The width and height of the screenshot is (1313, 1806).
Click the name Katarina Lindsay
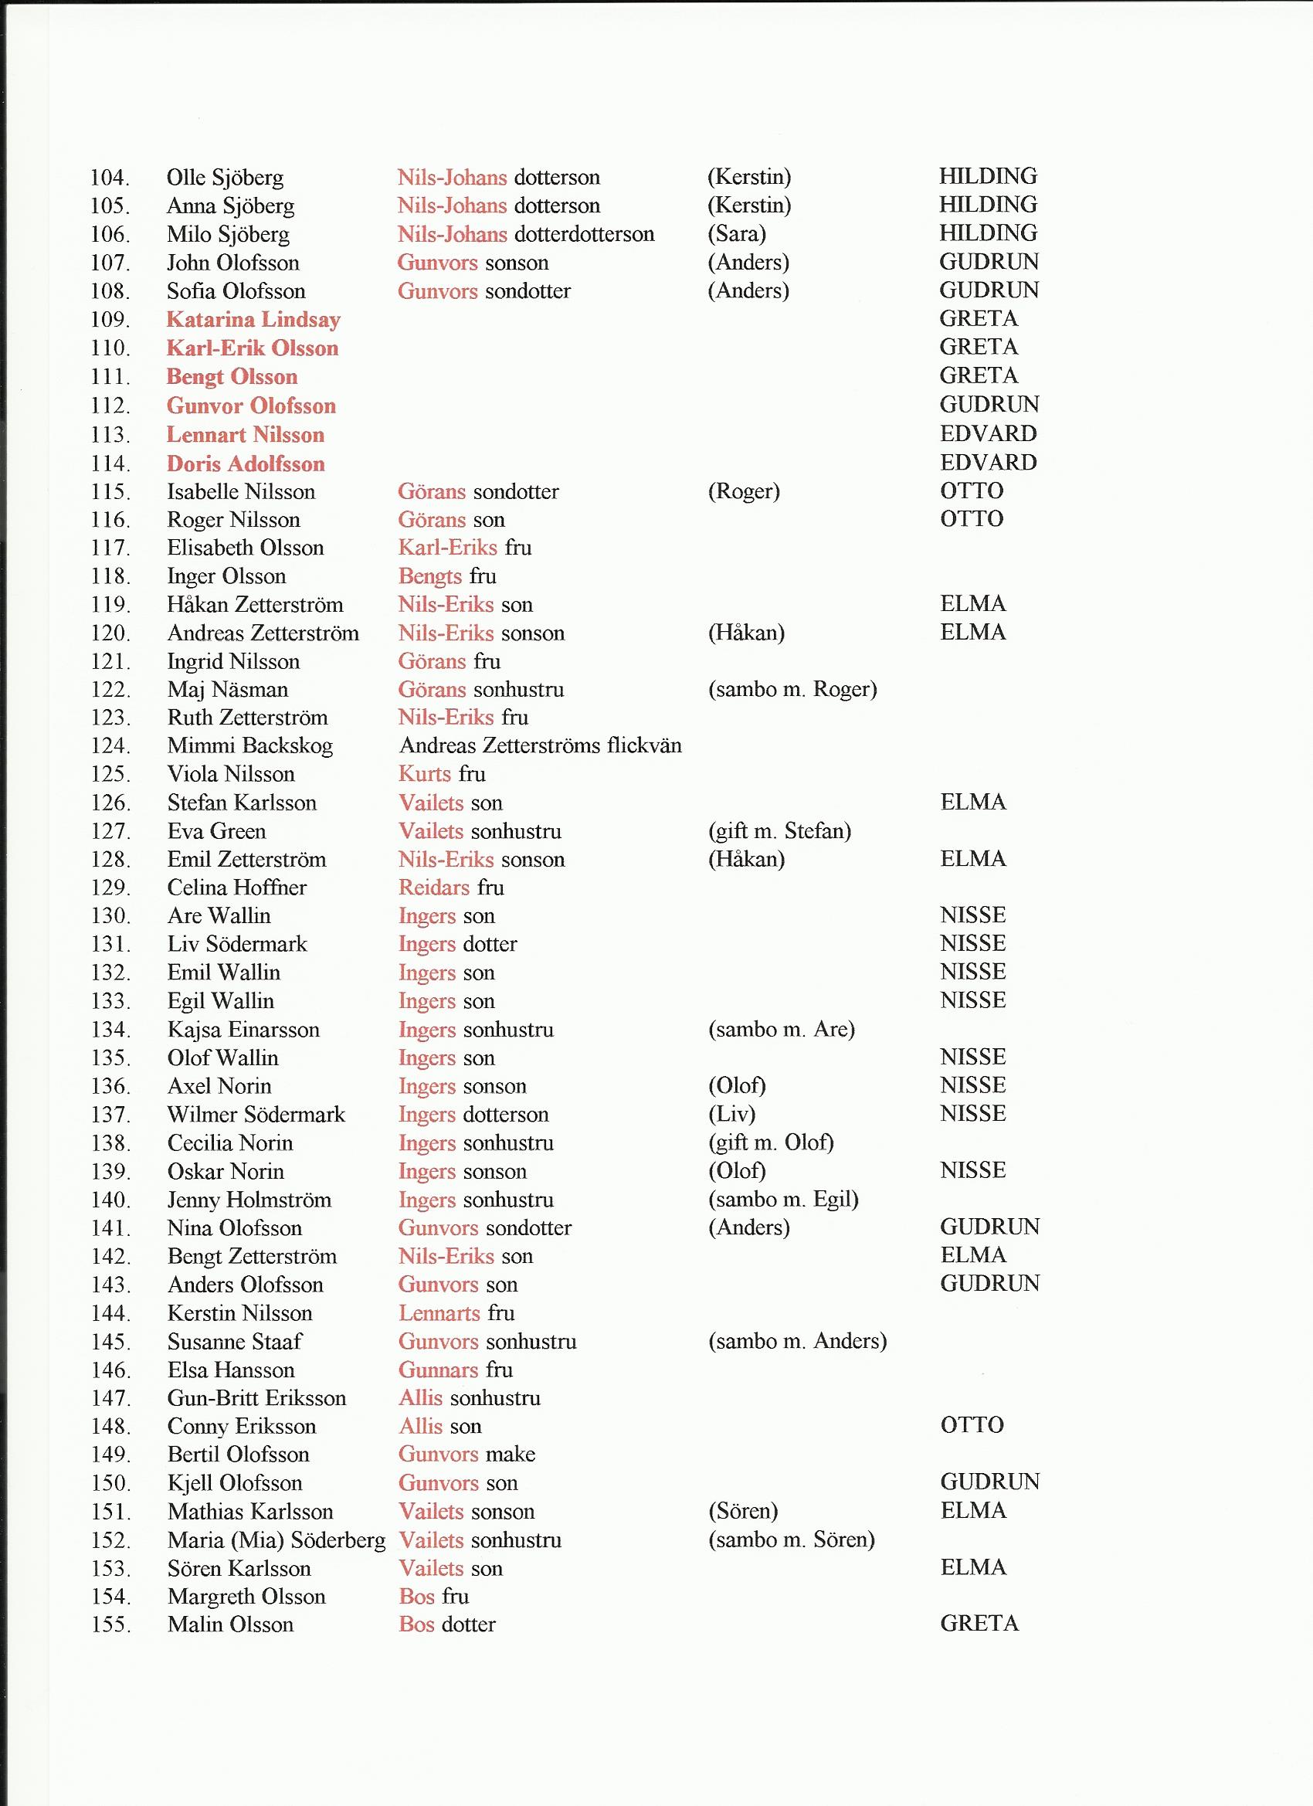(253, 319)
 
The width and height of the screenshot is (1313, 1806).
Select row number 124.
(110, 746)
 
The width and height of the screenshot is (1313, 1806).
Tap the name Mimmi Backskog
(249, 746)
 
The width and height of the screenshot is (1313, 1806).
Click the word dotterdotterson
(584, 234)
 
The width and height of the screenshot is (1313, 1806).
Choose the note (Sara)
(736, 234)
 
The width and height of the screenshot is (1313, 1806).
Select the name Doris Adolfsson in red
(246, 463)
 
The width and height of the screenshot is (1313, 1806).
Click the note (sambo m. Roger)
(792, 690)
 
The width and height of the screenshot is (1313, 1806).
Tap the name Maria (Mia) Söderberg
(276, 1540)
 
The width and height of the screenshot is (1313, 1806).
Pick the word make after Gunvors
(510, 1454)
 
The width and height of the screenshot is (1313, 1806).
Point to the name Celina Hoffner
(236, 887)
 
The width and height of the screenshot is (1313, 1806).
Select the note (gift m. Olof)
(770, 1142)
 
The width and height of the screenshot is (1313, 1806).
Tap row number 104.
(110, 178)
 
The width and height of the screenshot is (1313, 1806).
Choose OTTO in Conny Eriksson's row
(972, 1425)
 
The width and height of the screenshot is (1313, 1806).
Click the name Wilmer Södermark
(256, 1115)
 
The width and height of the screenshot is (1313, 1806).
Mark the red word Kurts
(424, 774)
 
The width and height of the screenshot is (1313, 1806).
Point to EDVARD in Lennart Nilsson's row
(987, 434)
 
